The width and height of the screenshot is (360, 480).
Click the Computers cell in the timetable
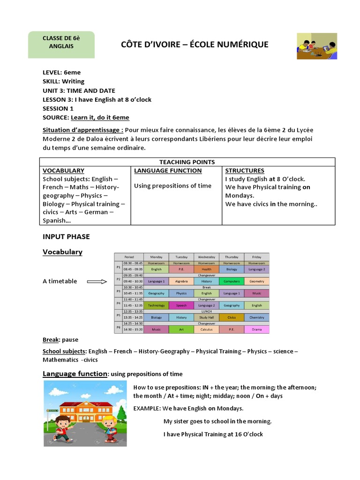[x=232, y=281]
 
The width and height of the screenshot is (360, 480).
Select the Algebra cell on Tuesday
[x=181, y=281]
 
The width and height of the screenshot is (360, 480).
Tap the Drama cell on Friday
[x=257, y=330]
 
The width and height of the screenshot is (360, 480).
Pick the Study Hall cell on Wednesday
[x=207, y=317]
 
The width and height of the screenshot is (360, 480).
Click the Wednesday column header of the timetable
[x=207, y=257]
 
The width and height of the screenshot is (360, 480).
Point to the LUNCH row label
[x=207, y=311]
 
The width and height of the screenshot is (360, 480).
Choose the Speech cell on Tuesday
[x=181, y=305]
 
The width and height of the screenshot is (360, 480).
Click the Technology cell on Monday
[x=156, y=305]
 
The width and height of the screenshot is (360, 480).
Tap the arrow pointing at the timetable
[x=97, y=282]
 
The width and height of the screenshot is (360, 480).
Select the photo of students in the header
[x=317, y=46]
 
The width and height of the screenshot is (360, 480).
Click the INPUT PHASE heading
[x=66, y=237]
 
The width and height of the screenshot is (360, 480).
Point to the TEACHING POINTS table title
[x=187, y=162]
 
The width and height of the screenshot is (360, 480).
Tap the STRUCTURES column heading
[x=245, y=171]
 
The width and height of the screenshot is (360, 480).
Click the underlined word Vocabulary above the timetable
[x=62, y=252]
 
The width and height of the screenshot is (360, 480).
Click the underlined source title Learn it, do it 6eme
[x=100, y=118]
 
